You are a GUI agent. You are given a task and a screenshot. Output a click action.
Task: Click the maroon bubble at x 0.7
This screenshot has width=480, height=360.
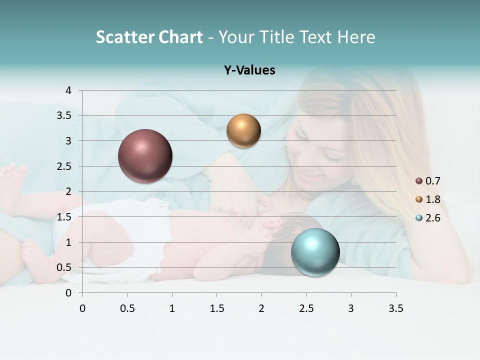145,156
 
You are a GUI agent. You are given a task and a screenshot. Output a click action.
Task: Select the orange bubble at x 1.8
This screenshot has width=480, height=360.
243,131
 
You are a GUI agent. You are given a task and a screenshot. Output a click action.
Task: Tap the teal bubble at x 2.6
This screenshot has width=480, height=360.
315,252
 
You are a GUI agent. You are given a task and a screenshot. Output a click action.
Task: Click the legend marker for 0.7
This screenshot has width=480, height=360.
419,181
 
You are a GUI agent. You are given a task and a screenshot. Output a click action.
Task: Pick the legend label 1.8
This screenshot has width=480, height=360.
432,199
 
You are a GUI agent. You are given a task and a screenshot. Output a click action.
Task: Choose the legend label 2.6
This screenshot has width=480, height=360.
432,218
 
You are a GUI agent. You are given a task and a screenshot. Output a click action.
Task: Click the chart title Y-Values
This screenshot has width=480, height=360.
249,70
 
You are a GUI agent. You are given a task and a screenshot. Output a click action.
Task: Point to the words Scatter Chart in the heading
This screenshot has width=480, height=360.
149,37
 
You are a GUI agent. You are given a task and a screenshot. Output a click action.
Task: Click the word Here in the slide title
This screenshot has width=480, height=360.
355,37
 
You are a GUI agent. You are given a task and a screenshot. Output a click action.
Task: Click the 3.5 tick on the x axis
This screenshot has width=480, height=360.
395,308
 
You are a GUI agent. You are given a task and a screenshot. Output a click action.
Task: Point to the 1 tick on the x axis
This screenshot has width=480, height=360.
172,308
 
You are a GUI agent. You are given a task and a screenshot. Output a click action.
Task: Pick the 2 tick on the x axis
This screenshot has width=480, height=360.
261,308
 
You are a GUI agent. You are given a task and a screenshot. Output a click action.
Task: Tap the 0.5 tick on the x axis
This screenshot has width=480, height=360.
127,308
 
